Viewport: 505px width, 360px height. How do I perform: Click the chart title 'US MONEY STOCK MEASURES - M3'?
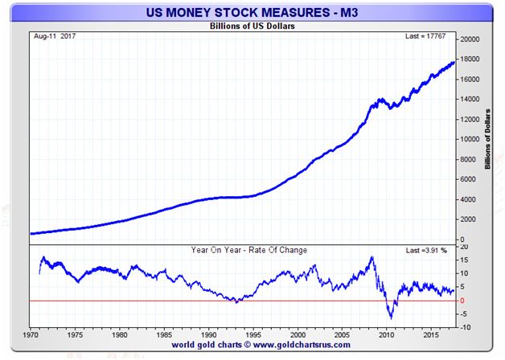pyautogui.click(x=252, y=13)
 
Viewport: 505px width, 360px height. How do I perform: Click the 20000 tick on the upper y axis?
pyautogui.click(x=470, y=39)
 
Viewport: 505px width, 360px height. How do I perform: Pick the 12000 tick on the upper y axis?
pyautogui.click(x=470, y=119)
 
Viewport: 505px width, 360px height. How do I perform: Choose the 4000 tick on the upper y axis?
pyautogui.click(x=468, y=199)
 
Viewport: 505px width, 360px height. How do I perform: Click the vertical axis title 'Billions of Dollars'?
pyautogui.click(x=489, y=138)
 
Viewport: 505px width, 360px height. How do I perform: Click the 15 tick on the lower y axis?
pyautogui.click(x=463, y=259)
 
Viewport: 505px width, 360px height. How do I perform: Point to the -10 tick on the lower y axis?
pyautogui.click(x=465, y=327)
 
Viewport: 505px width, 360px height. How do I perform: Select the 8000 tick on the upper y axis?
pyautogui.click(x=468, y=159)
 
